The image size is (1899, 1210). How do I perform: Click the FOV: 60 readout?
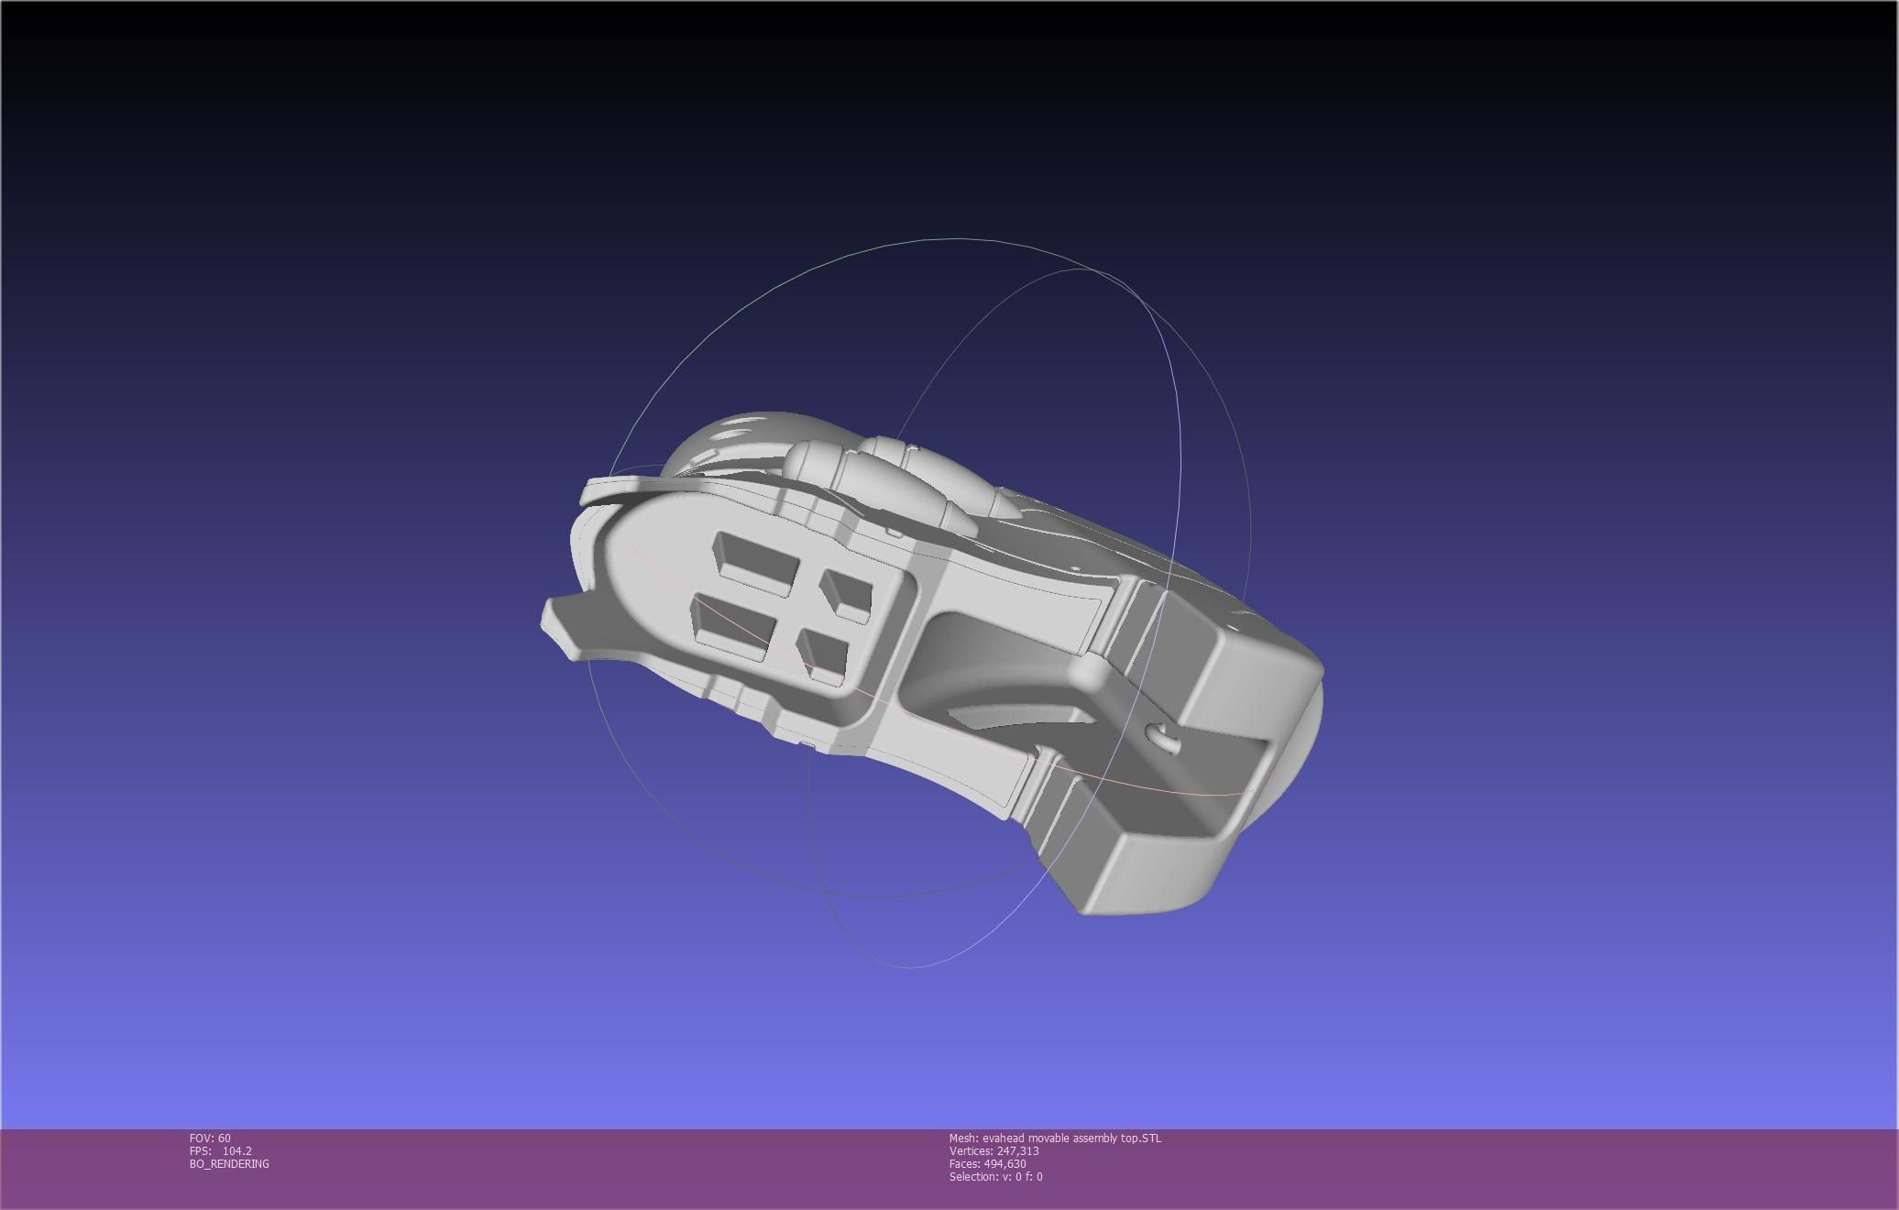click(210, 1138)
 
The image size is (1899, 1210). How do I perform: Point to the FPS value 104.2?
click(236, 1151)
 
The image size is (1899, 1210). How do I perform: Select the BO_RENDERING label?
click(229, 1164)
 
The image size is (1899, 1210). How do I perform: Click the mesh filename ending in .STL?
click(1071, 1138)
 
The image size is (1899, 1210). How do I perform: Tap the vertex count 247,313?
click(1017, 1151)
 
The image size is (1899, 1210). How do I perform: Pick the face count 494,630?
click(1004, 1164)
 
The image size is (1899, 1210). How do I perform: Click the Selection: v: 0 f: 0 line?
click(995, 1177)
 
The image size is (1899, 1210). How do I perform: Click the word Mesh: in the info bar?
click(963, 1138)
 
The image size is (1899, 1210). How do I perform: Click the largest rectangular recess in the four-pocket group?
click(756, 558)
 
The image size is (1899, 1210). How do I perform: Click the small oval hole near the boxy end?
click(1162, 734)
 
